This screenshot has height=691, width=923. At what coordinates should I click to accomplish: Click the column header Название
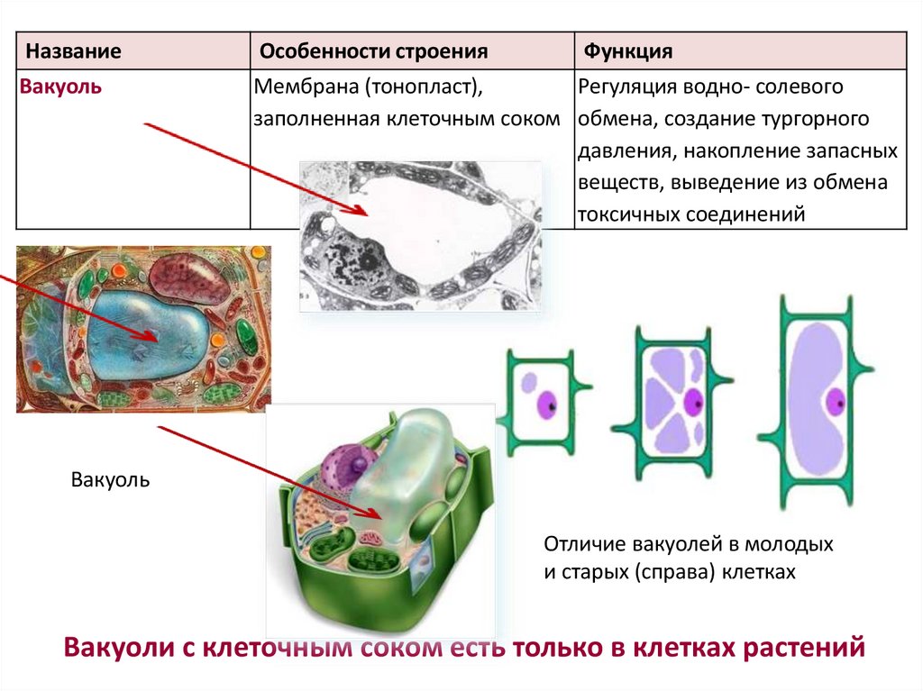[73, 51]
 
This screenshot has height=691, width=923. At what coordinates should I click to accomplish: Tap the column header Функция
[628, 51]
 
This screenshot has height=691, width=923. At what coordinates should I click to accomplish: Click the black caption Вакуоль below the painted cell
[110, 479]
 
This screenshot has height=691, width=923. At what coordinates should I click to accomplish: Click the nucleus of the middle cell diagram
[692, 402]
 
